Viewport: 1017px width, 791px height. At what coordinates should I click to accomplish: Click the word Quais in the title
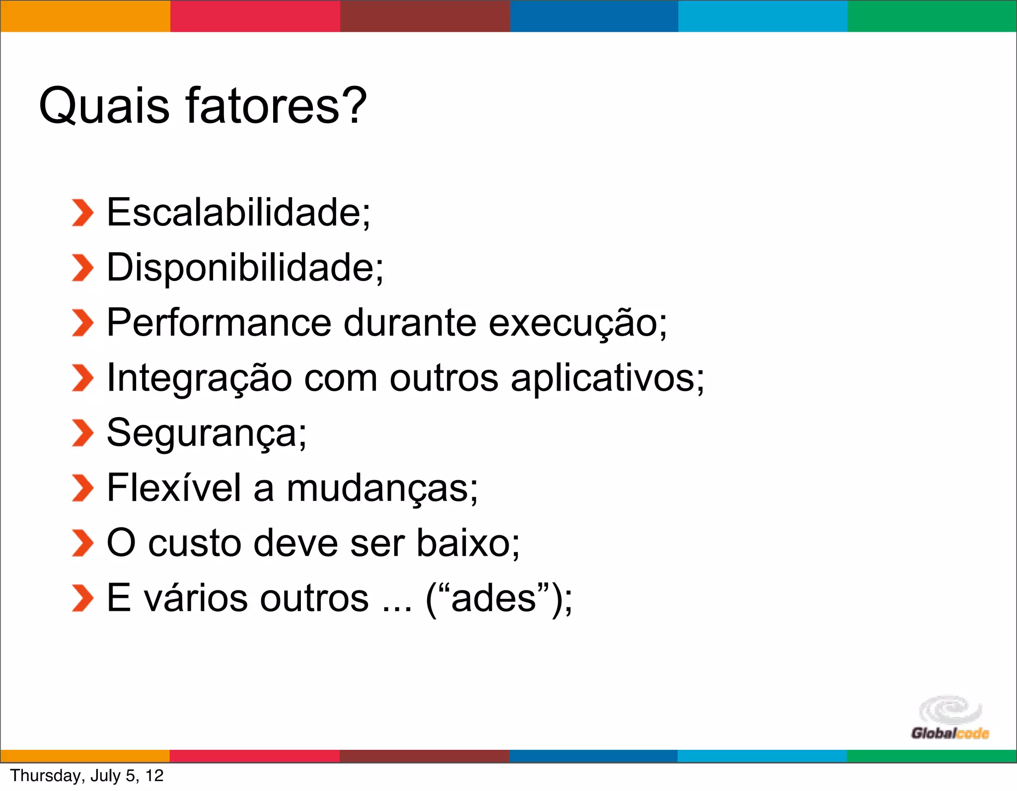104,105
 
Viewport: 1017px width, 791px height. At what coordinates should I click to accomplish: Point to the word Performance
219,323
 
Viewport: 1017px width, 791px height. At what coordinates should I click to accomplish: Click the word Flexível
174,488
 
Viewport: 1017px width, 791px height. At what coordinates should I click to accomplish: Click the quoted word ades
494,598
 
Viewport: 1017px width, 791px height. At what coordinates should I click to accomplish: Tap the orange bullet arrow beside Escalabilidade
82,213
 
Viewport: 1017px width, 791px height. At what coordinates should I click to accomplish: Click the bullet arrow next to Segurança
82,433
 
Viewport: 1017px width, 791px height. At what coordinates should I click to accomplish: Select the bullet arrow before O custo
82,543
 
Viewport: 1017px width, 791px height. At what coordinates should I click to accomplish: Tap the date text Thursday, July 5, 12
87,776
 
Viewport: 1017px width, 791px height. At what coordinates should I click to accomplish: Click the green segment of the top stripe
932,16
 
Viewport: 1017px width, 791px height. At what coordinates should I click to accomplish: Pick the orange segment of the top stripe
85,16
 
